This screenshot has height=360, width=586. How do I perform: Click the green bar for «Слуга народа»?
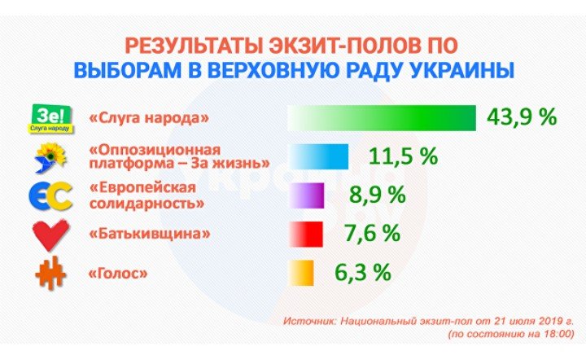point(382,118)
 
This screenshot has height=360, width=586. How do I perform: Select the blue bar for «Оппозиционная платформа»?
point(319,156)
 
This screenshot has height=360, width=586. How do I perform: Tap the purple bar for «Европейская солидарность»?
point(307,195)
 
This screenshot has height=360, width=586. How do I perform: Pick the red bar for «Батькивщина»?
point(306,234)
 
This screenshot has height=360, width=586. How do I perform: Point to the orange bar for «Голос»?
point(301,273)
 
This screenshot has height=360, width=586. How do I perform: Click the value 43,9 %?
point(522,117)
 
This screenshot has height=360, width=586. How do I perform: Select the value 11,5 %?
point(403,156)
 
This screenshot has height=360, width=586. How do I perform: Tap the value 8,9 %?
point(378,195)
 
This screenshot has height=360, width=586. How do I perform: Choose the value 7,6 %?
point(372,233)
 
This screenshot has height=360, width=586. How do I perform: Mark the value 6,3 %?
point(363,272)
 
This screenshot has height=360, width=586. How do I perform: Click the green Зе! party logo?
point(50,119)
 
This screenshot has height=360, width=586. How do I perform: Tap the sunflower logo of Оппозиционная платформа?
point(50,158)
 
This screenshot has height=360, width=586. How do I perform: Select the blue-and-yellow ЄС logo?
point(50,196)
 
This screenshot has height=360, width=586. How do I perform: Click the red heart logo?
point(50,235)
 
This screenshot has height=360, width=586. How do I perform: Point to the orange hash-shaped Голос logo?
point(50,274)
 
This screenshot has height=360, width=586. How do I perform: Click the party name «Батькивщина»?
point(150,234)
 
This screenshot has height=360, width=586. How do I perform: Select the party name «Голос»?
point(118,274)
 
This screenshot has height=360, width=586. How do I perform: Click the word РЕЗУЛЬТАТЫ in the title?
point(193,46)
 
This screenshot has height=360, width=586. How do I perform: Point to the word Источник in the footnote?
point(309,321)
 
